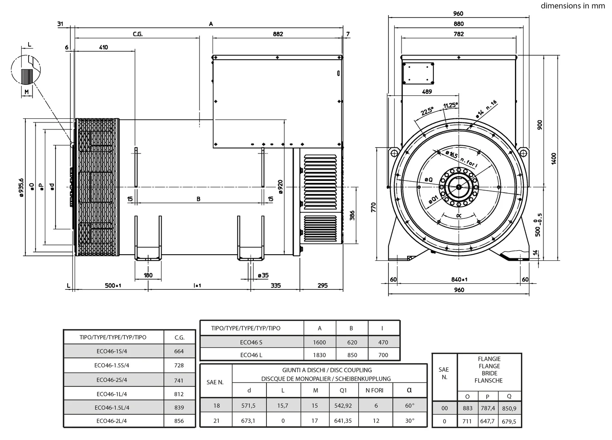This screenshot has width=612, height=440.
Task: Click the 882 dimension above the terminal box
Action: [x=278, y=34]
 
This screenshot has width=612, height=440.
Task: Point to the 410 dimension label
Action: [x=103, y=47]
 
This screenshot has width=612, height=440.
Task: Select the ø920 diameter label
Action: [x=280, y=186]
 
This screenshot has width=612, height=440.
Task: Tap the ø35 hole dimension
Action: [x=263, y=275]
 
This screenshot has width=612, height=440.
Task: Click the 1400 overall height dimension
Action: [x=554, y=158]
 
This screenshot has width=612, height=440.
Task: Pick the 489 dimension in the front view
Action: [x=427, y=92]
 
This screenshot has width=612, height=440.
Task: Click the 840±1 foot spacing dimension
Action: [x=459, y=280]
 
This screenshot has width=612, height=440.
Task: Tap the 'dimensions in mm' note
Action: [x=573, y=6]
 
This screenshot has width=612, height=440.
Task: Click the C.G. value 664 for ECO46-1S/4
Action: [x=179, y=351]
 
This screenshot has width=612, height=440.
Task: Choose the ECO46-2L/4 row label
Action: [x=112, y=421]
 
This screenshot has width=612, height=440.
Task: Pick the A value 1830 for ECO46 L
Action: [x=319, y=355]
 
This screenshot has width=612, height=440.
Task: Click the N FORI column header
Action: [x=374, y=391]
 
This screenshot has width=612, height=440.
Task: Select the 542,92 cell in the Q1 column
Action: [x=343, y=406]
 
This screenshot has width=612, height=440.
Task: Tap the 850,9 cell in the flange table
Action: [x=509, y=408]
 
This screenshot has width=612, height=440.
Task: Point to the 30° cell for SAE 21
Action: [x=409, y=420]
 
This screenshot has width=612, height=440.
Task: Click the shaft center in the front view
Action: [x=459, y=187]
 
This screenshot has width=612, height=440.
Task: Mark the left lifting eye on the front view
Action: [x=394, y=153]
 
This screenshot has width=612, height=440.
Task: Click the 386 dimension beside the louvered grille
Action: [x=352, y=215]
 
